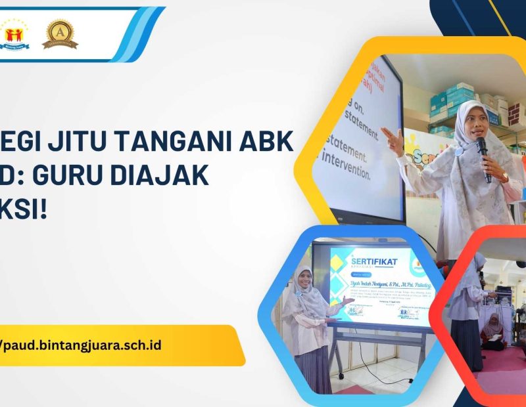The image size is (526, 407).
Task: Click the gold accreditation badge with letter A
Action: click(60, 33)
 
